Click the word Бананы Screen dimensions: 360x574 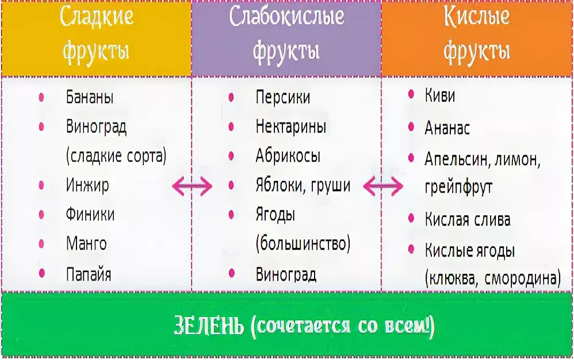[x=90, y=97]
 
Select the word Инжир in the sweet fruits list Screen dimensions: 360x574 [x=87, y=185]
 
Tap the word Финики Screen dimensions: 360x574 [x=90, y=215]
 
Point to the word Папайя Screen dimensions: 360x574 [x=89, y=273]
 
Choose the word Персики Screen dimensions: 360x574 [x=282, y=97]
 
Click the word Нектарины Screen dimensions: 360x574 [x=290, y=126]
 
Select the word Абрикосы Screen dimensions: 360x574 [x=288, y=156]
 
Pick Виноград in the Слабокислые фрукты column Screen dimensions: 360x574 [x=286, y=274]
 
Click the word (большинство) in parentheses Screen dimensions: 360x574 [x=303, y=244]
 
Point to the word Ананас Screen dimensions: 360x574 [x=447, y=128]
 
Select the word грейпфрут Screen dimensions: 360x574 [x=458, y=187]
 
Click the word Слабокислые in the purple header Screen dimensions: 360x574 [x=286, y=18]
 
